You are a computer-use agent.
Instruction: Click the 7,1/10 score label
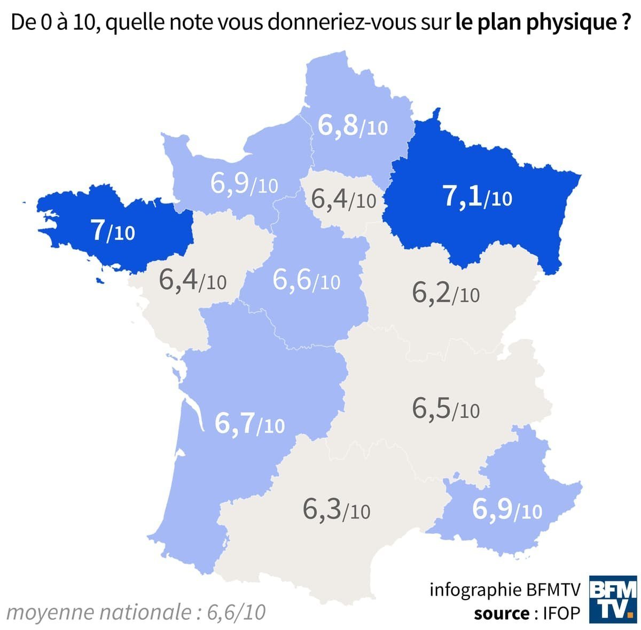pos(477,197)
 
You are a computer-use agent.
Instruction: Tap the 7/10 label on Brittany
pos(113,231)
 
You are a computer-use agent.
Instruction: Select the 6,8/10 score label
pos(352,125)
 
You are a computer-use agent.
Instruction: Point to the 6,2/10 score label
pos(445,293)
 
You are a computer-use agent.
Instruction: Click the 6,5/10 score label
pos(445,409)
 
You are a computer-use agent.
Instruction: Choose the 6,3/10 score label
pos(336,509)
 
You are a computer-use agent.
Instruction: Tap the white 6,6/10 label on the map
pos(306,280)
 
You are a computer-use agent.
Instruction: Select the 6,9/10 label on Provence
pos(507,510)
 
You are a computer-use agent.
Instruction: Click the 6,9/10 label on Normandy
pos(244,184)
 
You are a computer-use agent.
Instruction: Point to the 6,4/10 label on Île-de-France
pos(343,200)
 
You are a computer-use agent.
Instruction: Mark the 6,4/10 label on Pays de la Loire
pos(192,280)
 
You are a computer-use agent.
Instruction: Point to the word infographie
pos(468,589)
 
